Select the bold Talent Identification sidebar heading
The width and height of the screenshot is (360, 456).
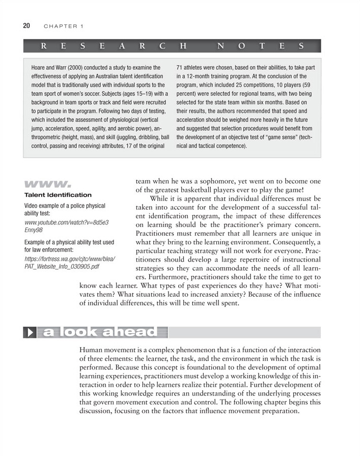pyautogui.click(x=58, y=195)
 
